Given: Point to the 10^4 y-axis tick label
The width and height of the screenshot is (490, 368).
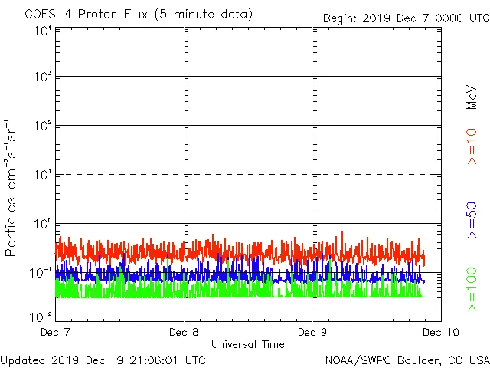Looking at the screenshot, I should pyautogui.click(x=42, y=31).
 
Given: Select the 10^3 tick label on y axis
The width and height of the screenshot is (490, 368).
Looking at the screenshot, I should pyautogui.click(x=42, y=77).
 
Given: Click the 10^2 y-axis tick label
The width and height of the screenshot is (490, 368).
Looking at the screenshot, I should pyautogui.click(x=42, y=127).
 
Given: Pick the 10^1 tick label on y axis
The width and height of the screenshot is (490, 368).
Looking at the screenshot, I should pyautogui.click(x=42, y=176).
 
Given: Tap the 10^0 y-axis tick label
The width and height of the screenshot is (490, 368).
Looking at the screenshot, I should pyautogui.click(x=42, y=225).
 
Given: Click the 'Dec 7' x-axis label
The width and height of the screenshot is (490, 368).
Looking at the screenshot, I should pyautogui.click(x=55, y=333).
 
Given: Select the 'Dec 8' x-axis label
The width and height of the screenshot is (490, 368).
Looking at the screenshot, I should pyautogui.click(x=184, y=333).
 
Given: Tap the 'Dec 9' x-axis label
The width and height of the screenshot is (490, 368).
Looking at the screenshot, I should pyautogui.click(x=312, y=333).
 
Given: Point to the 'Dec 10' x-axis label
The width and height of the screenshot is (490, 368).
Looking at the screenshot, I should pyautogui.click(x=439, y=333).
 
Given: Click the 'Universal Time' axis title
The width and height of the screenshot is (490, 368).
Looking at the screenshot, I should pyautogui.click(x=247, y=344).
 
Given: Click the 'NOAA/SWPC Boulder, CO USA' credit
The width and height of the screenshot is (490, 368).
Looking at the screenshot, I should pyautogui.click(x=407, y=359).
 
